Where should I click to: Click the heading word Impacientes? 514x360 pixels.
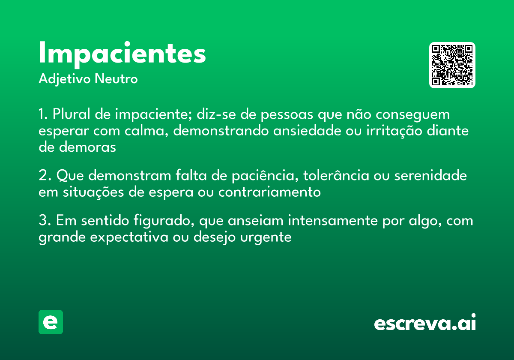(122, 54)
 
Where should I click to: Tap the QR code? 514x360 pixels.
(452, 65)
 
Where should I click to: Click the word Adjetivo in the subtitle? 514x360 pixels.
(65, 79)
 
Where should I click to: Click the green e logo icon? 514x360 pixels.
(51, 322)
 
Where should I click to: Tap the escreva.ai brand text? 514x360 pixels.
(425, 323)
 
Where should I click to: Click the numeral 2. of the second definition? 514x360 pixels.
(44, 176)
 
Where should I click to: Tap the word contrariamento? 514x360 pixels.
(269, 192)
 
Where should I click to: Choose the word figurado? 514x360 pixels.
(162, 221)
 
